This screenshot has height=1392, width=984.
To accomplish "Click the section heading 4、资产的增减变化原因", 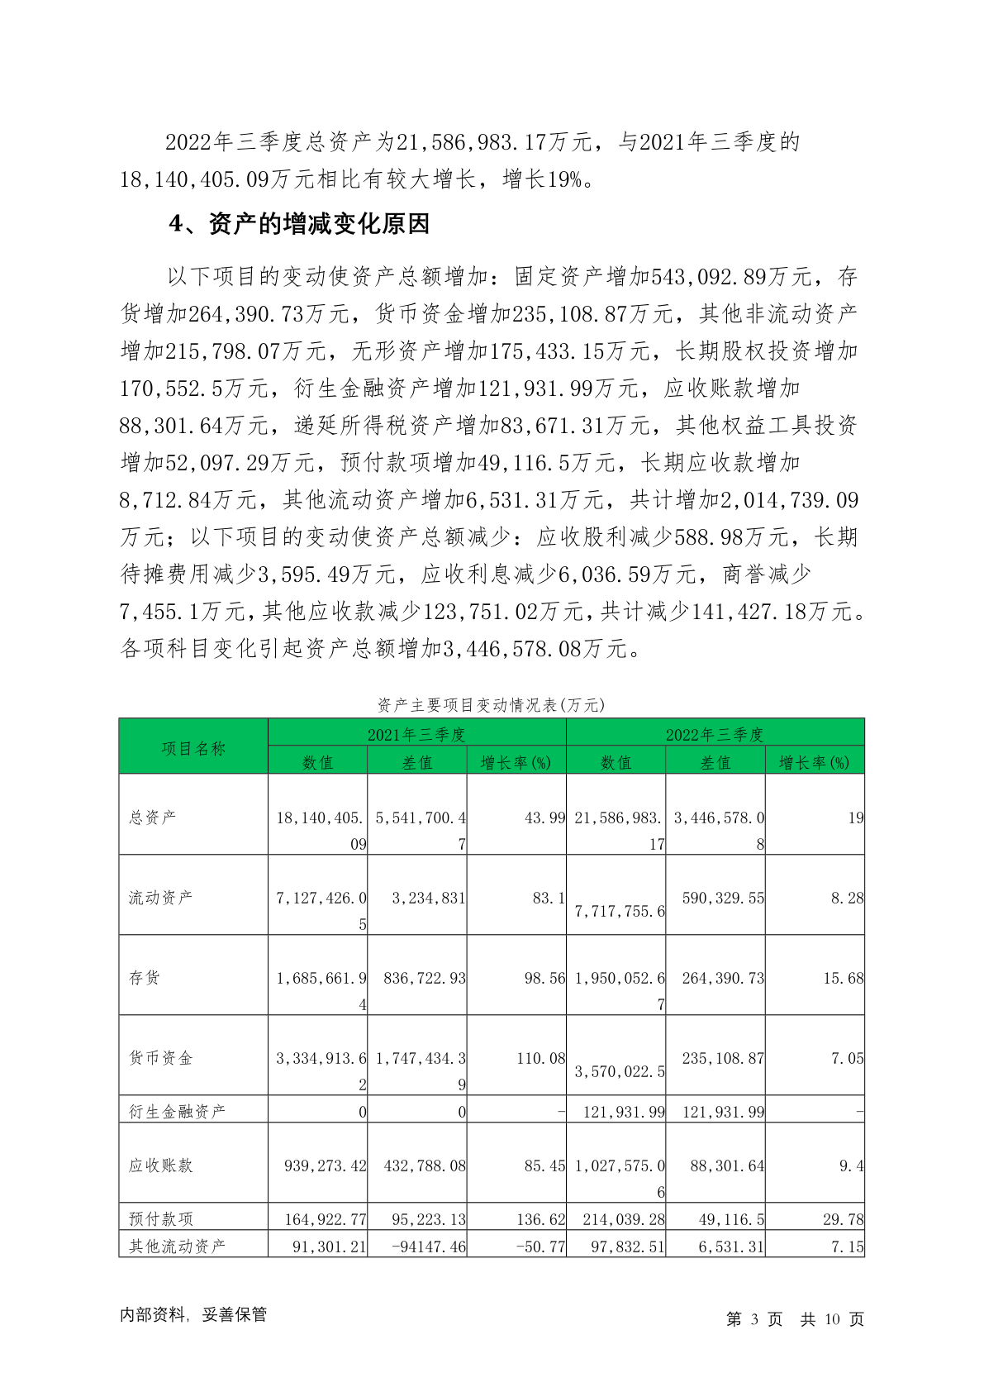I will tap(299, 224).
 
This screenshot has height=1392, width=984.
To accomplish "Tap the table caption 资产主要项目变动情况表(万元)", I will tap(491, 704).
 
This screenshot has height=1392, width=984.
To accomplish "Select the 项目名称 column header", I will tap(193, 748).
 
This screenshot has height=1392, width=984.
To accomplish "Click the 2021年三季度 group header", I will tap(416, 734).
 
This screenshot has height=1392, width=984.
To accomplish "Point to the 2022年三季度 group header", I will tap(715, 734).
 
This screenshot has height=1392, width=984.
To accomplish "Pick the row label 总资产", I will tap(152, 817).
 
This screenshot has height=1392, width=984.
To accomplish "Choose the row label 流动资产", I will tap(160, 897).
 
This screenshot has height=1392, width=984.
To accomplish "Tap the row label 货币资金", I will tap(160, 1057).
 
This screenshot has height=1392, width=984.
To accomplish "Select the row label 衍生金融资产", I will tap(177, 1111).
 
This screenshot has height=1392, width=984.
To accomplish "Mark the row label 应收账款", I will tap(160, 1165).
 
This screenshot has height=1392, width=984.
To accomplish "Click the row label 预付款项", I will tap(160, 1218).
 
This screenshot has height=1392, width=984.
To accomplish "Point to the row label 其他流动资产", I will tap(177, 1246).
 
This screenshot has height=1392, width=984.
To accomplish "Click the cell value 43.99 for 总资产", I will tap(544, 818).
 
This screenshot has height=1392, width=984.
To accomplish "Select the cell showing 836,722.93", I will tap(425, 978).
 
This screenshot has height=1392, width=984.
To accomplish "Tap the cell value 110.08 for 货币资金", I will tap(540, 1058).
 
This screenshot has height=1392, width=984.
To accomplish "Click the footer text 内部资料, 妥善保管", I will tap(193, 1314).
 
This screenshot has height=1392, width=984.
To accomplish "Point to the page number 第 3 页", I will tap(753, 1319).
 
